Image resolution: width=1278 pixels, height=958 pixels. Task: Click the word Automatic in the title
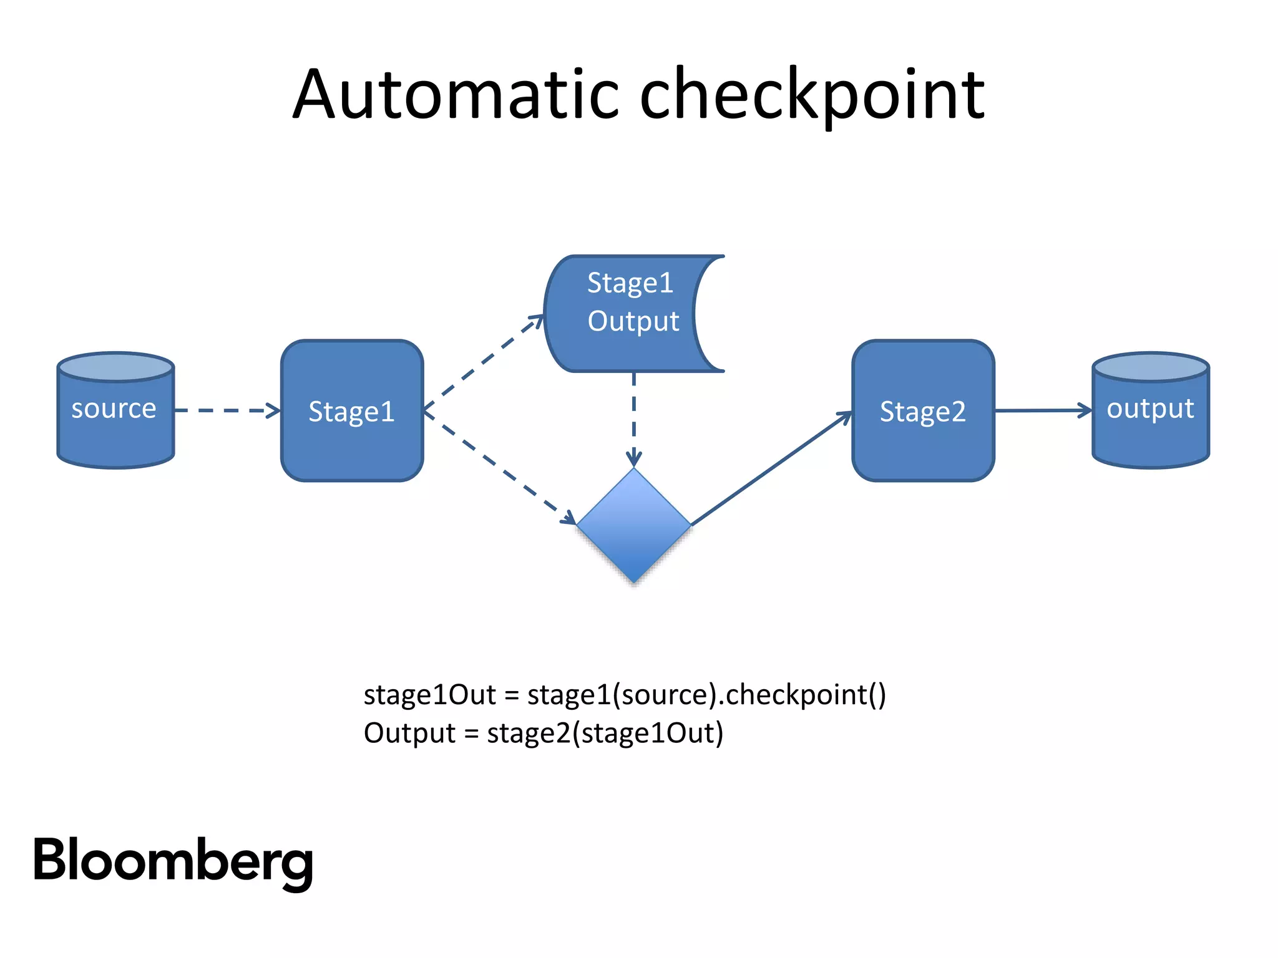(x=456, y=95)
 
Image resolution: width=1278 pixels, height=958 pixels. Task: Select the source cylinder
(x=115, y=424)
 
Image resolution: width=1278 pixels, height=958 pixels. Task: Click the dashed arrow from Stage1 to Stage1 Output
(x=484, y=362)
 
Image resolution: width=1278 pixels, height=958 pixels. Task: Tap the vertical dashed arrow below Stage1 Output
(x=633, y=418)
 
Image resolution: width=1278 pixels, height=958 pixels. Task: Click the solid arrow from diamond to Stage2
(x=771, y=468)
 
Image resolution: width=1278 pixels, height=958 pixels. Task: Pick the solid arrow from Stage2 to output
(x=1042, y=410)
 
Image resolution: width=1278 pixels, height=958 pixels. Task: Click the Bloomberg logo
(x=173, y=861)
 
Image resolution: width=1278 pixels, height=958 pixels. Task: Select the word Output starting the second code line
(x=409, y=733)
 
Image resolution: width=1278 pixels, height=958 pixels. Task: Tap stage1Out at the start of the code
(x=429, y=695)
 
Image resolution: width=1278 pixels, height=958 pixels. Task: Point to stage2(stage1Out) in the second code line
(x=605, y=733)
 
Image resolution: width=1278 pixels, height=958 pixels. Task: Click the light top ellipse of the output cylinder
(x=1150, y=367)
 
